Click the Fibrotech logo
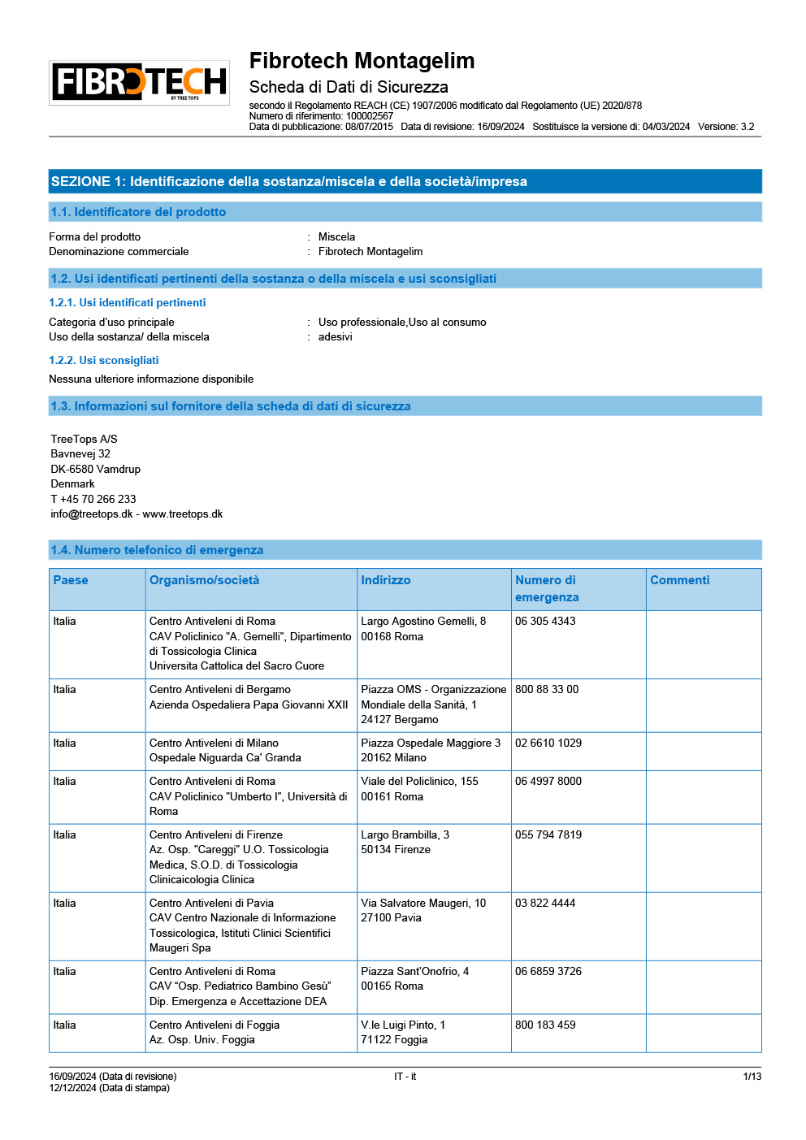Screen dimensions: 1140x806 139,82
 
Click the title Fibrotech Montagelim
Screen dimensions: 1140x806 362,61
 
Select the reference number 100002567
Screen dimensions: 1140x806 370,116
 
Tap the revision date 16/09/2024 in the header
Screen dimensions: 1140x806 500,127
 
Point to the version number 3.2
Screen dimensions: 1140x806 747,127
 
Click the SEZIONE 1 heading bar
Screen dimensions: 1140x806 405,181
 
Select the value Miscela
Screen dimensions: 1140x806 336,237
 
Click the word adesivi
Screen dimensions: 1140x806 335,337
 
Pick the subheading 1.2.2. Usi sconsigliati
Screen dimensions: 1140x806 103,360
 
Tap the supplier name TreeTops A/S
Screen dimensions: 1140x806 84,439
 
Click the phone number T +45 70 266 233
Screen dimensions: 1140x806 93,499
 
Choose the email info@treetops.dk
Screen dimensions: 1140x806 91,514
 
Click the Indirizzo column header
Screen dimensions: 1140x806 386,580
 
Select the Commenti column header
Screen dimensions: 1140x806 679,580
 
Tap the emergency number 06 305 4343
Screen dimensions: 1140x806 545,622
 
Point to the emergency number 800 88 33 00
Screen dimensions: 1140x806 547,690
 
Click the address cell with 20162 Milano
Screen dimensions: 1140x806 394,758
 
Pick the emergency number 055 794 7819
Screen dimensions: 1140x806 548,835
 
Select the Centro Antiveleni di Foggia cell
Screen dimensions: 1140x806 214,1025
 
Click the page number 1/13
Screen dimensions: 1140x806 752,1077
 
